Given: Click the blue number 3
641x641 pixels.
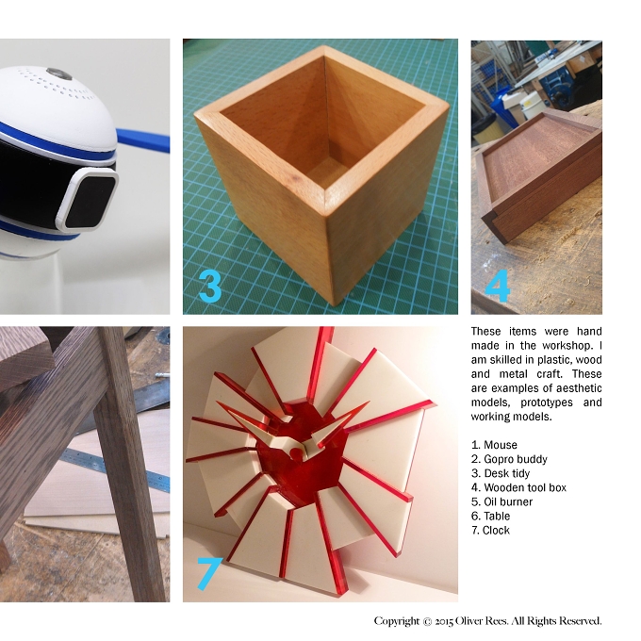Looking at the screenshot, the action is [210, 286].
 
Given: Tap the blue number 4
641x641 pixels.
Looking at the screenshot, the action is [498, 286].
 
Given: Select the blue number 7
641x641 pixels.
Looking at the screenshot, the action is [209, 573].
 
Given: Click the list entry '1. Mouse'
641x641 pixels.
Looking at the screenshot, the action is [494, 445].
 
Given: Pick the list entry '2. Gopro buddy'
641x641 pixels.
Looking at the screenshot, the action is [509, 459].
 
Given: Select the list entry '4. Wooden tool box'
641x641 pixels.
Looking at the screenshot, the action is [518, 487].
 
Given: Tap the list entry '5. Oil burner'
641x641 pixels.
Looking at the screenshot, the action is [501, 502].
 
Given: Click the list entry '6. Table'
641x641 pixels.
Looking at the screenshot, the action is [490, 516].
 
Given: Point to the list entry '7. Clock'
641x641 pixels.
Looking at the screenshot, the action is [490, 530].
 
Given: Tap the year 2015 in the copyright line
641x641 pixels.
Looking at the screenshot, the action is [444, 622].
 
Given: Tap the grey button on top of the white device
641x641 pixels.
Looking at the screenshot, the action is [59, 74].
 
